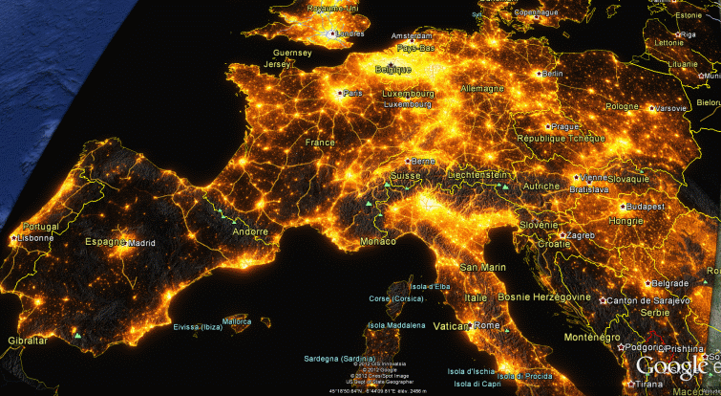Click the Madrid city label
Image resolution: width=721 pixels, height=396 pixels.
coord(141,243)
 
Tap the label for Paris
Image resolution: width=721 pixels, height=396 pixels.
coord(353,94)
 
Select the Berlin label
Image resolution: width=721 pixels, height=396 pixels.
coord(551,74)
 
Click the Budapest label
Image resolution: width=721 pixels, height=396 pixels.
coord(646,207)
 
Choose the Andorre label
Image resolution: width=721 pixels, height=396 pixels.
coord(251,231)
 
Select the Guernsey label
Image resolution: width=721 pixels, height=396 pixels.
coord(292,53)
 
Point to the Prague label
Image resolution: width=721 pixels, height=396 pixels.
coord(564,126)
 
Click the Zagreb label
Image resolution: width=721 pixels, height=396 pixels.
coord(580,235)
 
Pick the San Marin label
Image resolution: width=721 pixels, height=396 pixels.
coord(482,268)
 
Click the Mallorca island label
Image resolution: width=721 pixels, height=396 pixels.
coord(237,321)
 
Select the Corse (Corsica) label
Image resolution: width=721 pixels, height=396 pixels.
coord(396,299)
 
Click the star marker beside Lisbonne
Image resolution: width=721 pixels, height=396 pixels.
coord(12,237)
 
